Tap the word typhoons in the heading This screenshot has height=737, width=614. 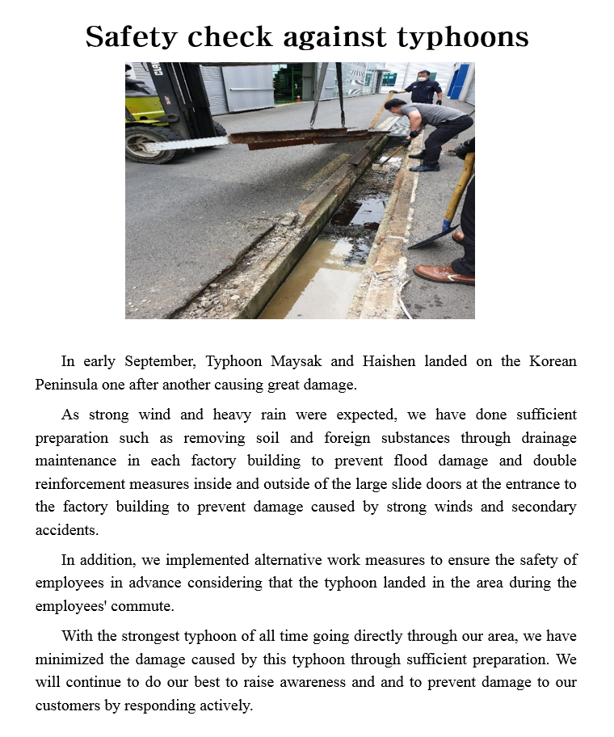click(x=463, y=37)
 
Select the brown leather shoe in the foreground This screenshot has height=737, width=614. click(x=443, y=274)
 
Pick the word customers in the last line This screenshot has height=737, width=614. click(x=69, y=705)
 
